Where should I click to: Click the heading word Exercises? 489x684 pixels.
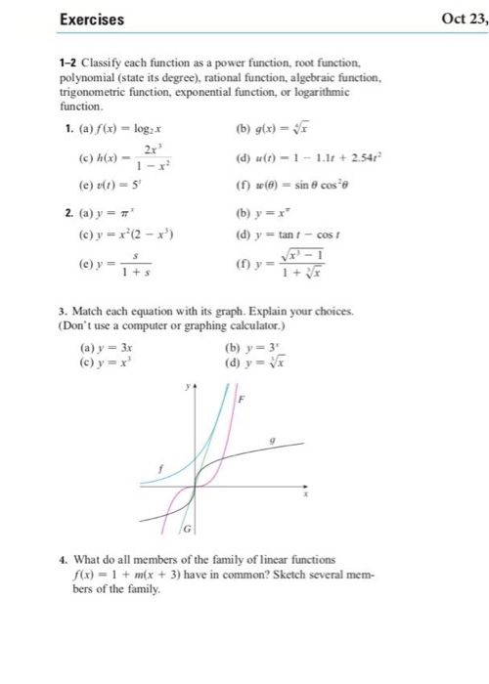(x=92, y=19)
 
